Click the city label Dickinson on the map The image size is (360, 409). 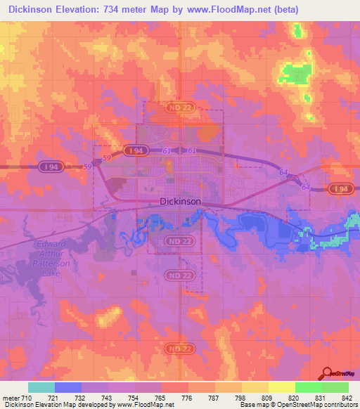181,201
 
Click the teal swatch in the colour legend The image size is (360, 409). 41,387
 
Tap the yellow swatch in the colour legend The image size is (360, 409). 282,387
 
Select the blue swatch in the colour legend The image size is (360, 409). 68,387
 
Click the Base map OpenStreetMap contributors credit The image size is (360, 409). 297,405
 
